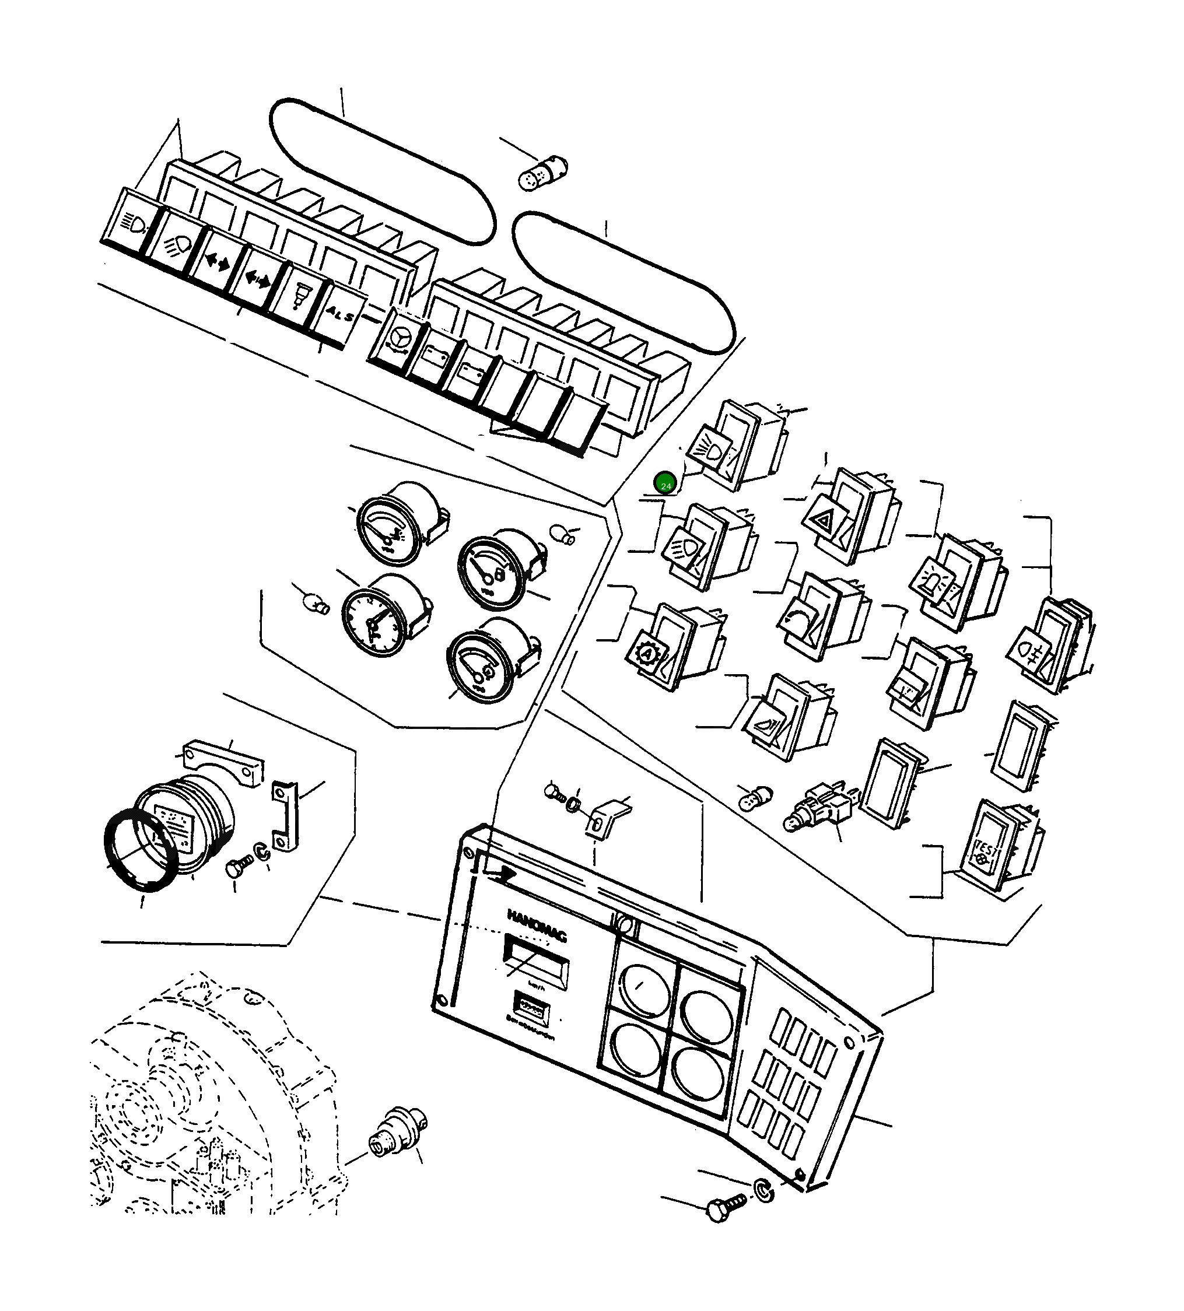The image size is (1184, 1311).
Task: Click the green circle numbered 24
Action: point(665,484)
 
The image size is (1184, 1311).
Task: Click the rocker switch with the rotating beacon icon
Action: point(957,583)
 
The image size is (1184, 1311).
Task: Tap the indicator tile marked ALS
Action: point(339,315)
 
